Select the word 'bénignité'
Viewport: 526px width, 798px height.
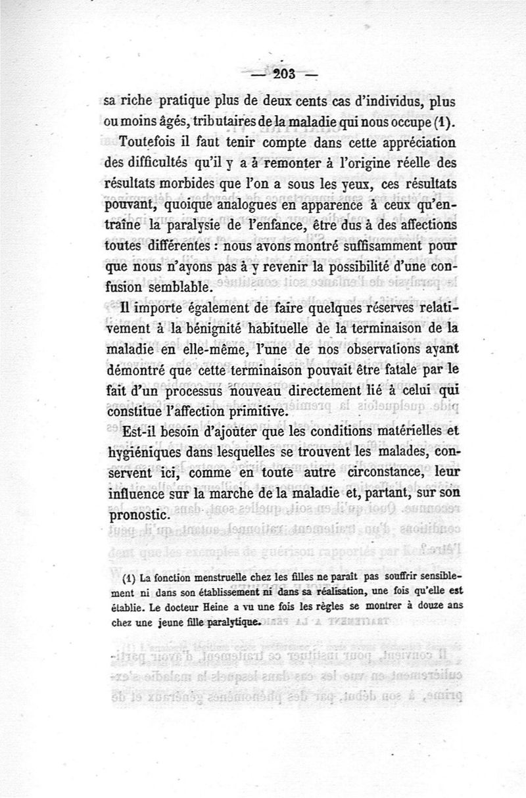pyautogui.click(x=214, y=329)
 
